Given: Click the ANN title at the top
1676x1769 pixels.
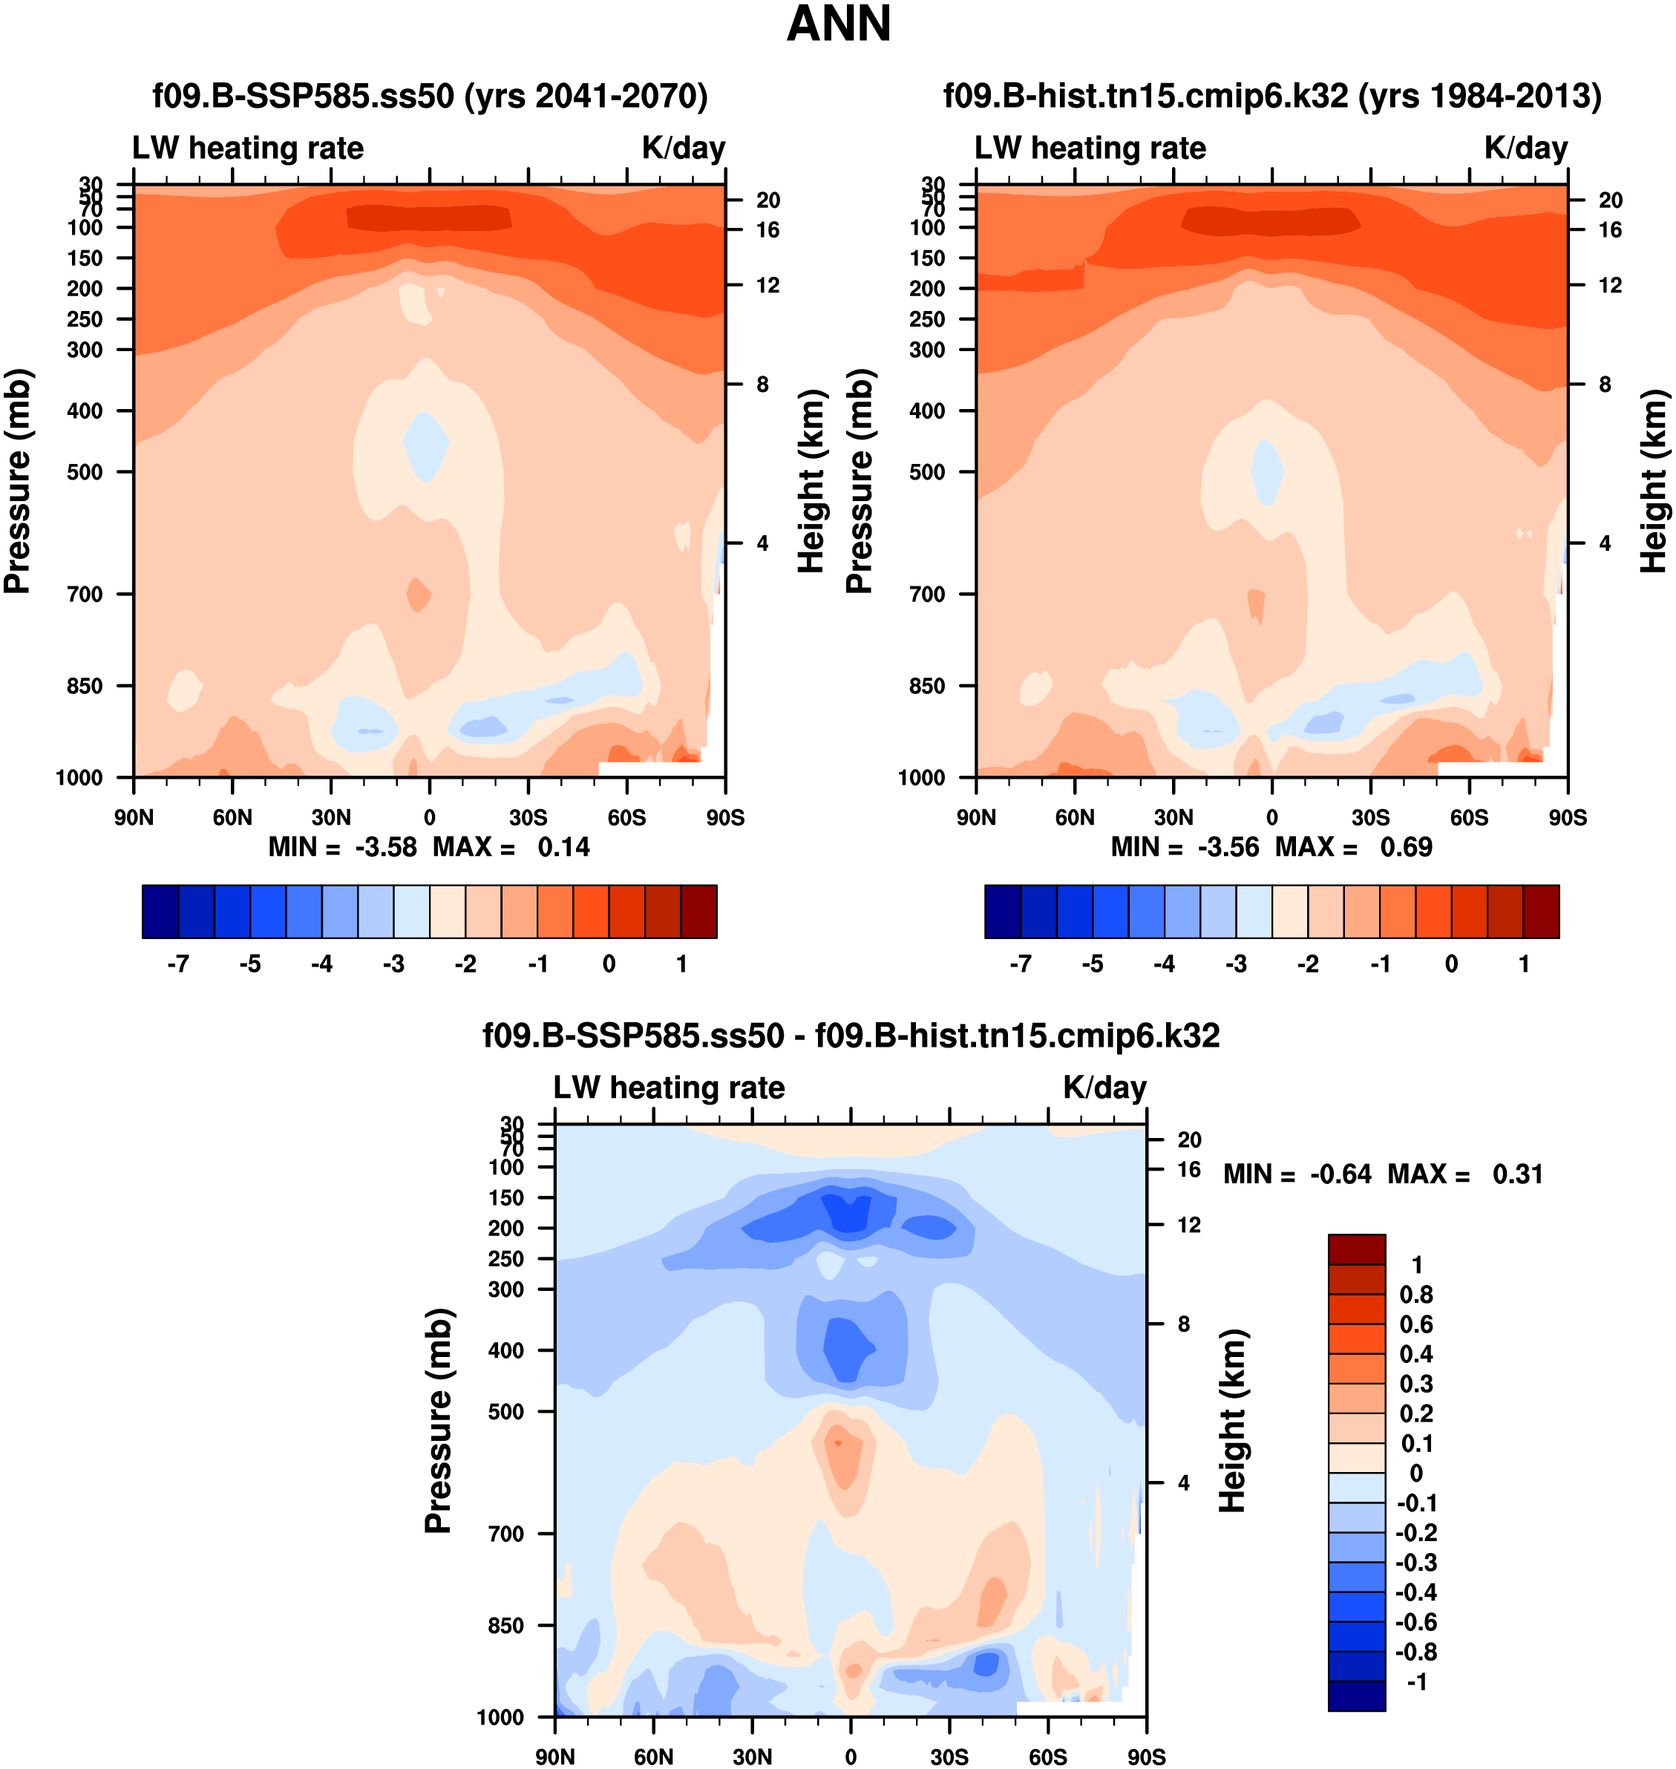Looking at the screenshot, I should click(x=838, y=24).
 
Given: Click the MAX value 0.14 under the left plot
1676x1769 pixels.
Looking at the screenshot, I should click(x=563, y=847).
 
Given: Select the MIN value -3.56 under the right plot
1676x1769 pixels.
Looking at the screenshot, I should click(x=1228, y=847).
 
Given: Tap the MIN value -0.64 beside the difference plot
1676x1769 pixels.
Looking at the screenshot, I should click(x=1340, y=1174).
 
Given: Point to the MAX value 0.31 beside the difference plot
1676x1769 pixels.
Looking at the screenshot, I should click(x=1517, y=1174).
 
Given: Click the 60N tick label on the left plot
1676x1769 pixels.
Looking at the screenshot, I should click(x=232, y=817).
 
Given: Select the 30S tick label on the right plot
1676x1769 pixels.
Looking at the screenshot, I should click(x=1370, y=817).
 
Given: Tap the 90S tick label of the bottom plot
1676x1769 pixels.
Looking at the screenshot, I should click(x=1146, y=1756).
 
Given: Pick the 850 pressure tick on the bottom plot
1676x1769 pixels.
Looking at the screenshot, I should click(x=505, y=1625).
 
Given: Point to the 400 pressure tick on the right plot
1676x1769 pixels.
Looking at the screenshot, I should click(x=927, y=411).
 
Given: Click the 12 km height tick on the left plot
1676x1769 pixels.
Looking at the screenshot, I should click(x=767, y=285).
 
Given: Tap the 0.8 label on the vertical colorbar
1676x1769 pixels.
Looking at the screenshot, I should click(x=1416, y=1295).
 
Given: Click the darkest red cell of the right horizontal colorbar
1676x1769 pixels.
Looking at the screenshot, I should click(x=1541, y=912).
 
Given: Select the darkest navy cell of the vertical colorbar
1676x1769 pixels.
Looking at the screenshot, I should click(x=1356, y=1696).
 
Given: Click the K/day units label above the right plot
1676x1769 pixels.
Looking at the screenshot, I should click(x=1526, y=148).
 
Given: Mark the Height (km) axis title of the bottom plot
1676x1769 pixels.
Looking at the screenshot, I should click(x=1233, y=1421).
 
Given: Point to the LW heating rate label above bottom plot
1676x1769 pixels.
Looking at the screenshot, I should click(x=670, y=1088).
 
